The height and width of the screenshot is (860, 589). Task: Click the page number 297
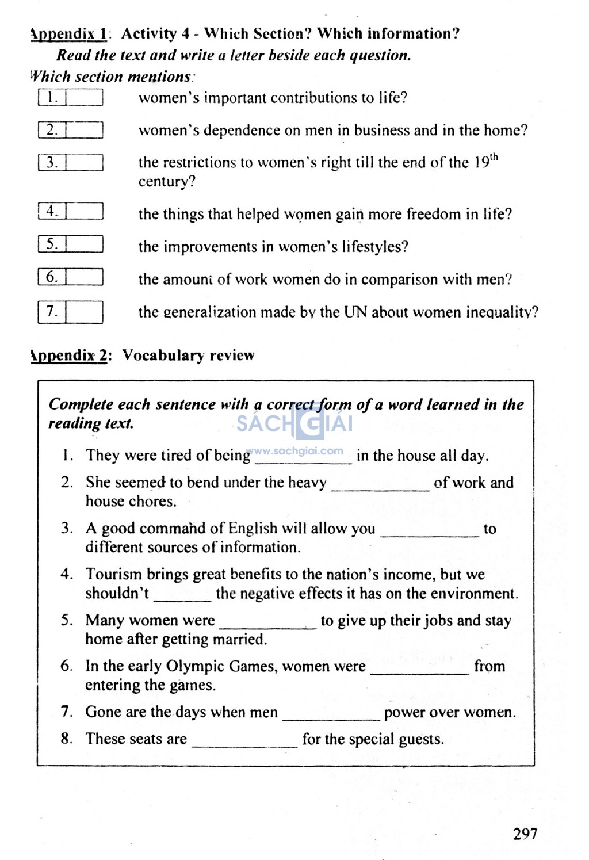tap(525, 834)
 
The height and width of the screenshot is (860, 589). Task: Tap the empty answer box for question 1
tap(85, 98)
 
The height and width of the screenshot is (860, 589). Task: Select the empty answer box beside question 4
tap(85, 212)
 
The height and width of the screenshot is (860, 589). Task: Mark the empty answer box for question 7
tap(85, 312)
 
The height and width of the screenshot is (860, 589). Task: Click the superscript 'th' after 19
tap(494, 158)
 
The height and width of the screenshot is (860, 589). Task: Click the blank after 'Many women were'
tap(268, 624)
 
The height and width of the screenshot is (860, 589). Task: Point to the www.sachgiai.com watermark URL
tap(294, 452)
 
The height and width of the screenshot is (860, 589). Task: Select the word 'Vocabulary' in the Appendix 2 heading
tap(163, 356)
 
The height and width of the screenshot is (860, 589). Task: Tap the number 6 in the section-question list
tap(52, 277)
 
